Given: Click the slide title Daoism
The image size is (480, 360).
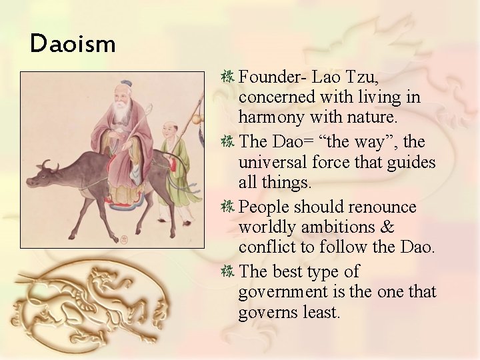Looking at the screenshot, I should (73, 45).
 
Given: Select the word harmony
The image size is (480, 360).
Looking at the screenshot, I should (274, 118).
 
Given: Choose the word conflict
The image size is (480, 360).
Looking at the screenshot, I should (267, 247).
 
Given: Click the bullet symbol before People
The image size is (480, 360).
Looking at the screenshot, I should (227, 206).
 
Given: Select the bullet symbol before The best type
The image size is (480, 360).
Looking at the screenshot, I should (227, 271).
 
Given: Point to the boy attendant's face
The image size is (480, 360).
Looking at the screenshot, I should (171, 129).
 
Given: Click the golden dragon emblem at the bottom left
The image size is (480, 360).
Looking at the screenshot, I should (93, 300).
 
